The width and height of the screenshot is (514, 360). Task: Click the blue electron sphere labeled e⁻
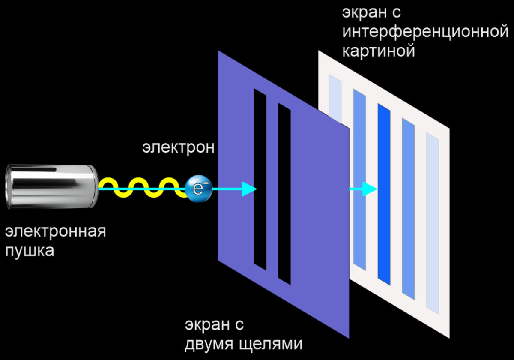pyautogui.click(x=198, y=189)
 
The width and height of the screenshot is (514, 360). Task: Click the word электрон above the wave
pyautogui.click(x=178, y=147)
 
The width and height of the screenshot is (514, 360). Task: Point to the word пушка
pyautogui.click(x=30, y=251)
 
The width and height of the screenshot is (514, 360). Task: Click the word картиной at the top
pyautogui.click(x=379, y=51)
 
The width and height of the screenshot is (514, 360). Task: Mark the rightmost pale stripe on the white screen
pyautogui.click(x=433, y=223)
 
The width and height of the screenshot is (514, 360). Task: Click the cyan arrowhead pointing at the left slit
pyautogui.click(x=248, y=189)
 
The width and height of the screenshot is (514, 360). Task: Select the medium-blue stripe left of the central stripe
pyautogui.click(x=360, y=171)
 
